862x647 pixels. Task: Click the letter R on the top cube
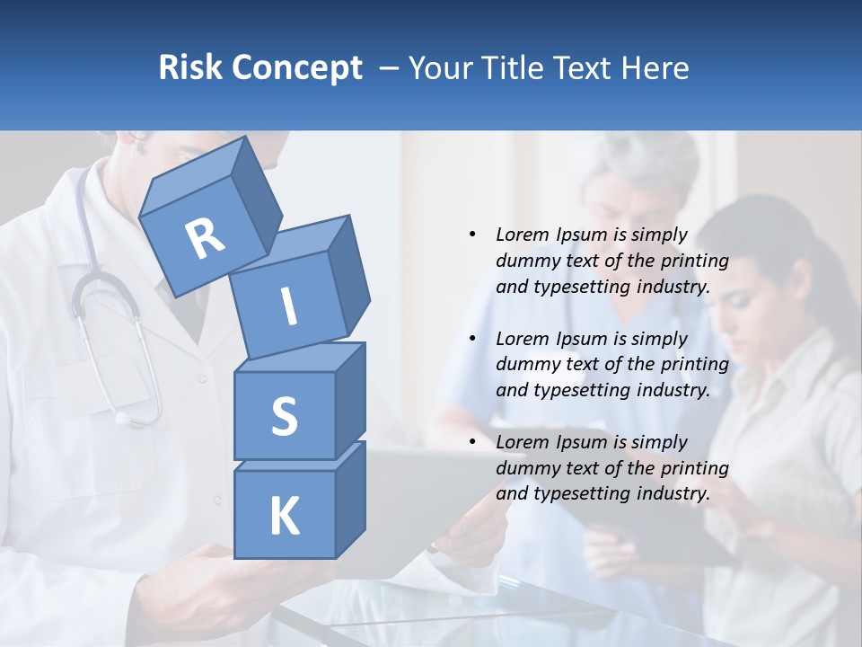pos(206,238)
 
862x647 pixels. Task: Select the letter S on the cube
pos(284,416)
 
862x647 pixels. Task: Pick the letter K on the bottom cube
pos(284,517)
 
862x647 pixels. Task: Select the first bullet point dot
pos(472,235)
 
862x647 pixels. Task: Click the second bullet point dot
pos(472,339)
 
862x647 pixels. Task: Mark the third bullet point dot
pos(472,442)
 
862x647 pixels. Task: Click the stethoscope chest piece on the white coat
pos(123,417)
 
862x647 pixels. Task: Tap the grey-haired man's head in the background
pos(639,175)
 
